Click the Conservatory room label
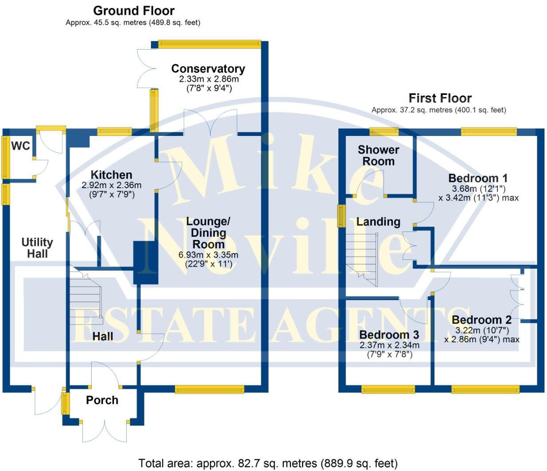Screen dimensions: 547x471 [x=208, y=69]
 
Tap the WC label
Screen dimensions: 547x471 [x=20, y=146]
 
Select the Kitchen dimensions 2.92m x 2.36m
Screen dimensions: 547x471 [x=112, y=185]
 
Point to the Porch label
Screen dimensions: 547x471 [x=102, y=400]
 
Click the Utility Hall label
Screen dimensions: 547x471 [x=37, y=248]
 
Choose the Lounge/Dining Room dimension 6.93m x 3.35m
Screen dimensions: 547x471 [x=208, y=255]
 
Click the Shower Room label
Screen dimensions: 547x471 [x=378, y=155]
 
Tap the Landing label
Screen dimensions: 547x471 [x=378, y=222]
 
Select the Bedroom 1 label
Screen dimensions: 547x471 [x=478, y=178]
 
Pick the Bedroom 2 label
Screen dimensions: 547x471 [x=481, y=320]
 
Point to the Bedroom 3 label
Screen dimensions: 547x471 [x=389, y=335]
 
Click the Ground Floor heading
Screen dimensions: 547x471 [x=134, y=11]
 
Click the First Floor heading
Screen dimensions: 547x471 [x=440, y=98]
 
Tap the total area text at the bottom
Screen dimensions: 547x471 [x=268, y=463]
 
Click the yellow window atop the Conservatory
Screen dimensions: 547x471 [x=209, y=43]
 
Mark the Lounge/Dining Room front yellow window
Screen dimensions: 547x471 [x=209, y=390]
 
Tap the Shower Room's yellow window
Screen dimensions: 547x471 [x=384, y=131]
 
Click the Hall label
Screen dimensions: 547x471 [x=103, y=336]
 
